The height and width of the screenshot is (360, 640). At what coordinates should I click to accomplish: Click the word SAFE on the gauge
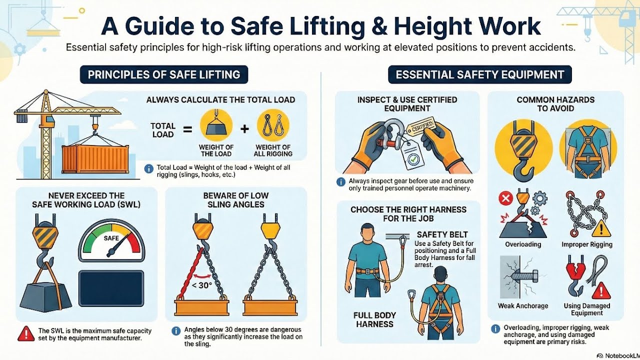point(111,238)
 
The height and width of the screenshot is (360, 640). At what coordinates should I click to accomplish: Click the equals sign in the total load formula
point(187,129)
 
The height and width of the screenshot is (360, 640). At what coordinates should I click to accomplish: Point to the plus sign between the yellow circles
point(244,129)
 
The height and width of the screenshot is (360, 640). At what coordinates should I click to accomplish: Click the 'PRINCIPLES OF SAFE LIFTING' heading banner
point(164,75)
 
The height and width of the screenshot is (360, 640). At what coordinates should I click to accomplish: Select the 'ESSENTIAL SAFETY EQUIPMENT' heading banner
point(479,75)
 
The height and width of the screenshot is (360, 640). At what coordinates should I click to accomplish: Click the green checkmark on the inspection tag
point(413,159)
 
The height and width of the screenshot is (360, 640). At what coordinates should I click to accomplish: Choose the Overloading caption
point(523,244)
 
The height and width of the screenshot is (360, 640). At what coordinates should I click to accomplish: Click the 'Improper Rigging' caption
point(586,244)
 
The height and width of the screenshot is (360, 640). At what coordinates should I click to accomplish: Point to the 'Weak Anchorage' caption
point(523,306)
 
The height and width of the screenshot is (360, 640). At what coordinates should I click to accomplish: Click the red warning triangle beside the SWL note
point(26,334)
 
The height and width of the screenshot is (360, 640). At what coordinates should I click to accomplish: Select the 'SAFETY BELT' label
point(442,234)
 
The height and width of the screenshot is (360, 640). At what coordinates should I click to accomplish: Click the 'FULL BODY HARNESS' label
point(374,320)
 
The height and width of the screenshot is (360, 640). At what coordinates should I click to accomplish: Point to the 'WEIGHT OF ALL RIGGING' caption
point(273,150)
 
